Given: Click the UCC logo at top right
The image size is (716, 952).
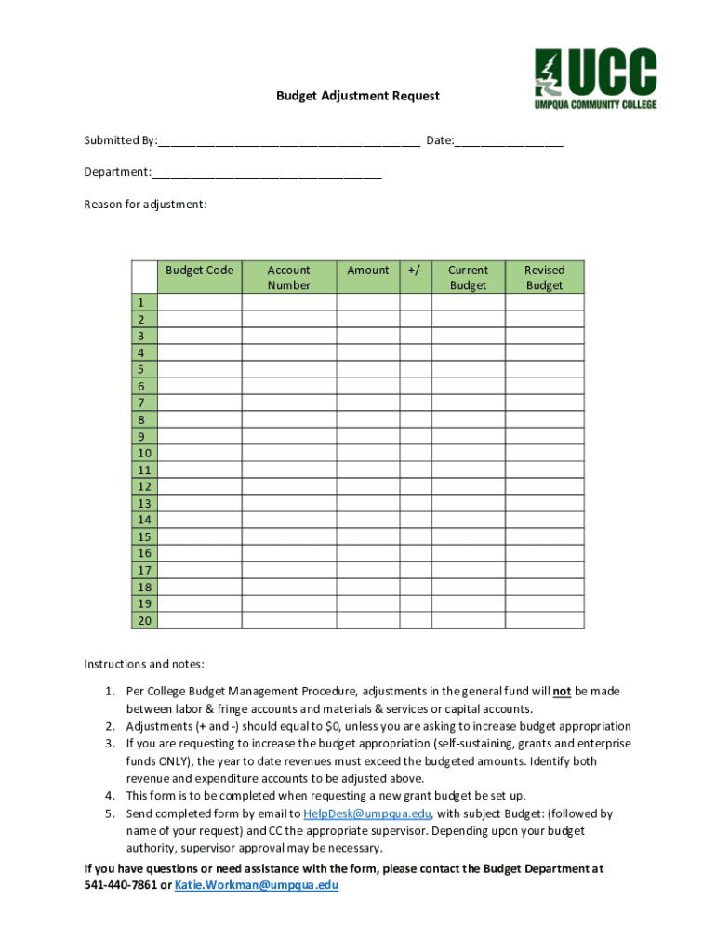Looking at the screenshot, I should [595, 79].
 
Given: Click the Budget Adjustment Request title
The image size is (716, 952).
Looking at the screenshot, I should [358, 96].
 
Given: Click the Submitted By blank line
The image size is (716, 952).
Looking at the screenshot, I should [288, 142].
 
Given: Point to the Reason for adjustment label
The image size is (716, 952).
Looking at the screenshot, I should [145, 204].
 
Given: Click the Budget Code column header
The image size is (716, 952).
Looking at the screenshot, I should [199, 271].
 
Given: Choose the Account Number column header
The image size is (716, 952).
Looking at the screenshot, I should [288, 277].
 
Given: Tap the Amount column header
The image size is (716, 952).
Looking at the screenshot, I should [368, 271].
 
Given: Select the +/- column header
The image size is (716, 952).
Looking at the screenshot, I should [416, 271].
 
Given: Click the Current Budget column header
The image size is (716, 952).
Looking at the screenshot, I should [468, 277].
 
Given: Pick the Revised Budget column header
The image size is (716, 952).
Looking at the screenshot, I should [544, 277].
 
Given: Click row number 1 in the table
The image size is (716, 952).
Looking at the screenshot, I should [144, 303].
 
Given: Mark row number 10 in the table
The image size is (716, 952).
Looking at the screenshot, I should [144, 454].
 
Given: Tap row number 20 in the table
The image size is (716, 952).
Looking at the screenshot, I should [144, 621].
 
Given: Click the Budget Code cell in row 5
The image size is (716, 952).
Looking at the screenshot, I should [199, 370].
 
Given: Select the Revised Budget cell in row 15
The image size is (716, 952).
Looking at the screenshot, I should [544, 537].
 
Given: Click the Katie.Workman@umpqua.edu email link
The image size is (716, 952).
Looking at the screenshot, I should [257, 885].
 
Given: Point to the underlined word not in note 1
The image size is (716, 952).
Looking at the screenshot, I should [562, 692].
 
